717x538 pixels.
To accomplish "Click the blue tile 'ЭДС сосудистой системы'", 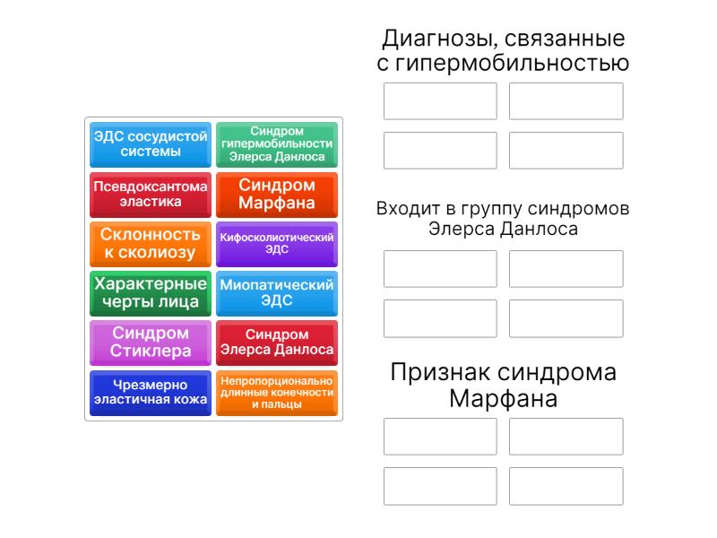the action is [x=151, y=144].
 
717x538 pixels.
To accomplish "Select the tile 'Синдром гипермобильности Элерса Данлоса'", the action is [x=277, y=144].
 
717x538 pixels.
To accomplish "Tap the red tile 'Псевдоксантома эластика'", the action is [x=151, y=195].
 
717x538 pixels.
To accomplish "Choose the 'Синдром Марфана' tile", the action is [x=277, y=195].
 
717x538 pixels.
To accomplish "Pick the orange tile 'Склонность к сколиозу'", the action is [x=151, y=244].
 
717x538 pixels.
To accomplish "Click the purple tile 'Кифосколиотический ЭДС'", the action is [x=277, y=244].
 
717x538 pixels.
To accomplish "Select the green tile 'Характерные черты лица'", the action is [x=151, y=293].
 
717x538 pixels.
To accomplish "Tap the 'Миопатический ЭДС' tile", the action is [x=277, y=293].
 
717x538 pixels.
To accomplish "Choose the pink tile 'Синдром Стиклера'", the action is [x=151, y=343].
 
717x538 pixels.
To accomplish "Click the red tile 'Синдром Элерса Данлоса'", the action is [x=277, y=343].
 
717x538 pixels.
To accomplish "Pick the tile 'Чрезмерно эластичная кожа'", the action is [x=151, y=393].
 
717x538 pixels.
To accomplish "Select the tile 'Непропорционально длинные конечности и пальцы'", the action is [x=277, y=393].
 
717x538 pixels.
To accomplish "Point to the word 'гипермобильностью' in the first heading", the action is [x=512, y=63].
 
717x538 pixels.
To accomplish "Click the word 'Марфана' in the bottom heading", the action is [x=504, y=398].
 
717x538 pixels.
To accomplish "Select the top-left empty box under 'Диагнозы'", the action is [x=440, y=101].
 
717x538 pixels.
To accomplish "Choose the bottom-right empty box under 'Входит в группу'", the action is [x=566, y=318].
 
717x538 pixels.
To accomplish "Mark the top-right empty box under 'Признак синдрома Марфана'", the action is [x=566, y=437].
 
